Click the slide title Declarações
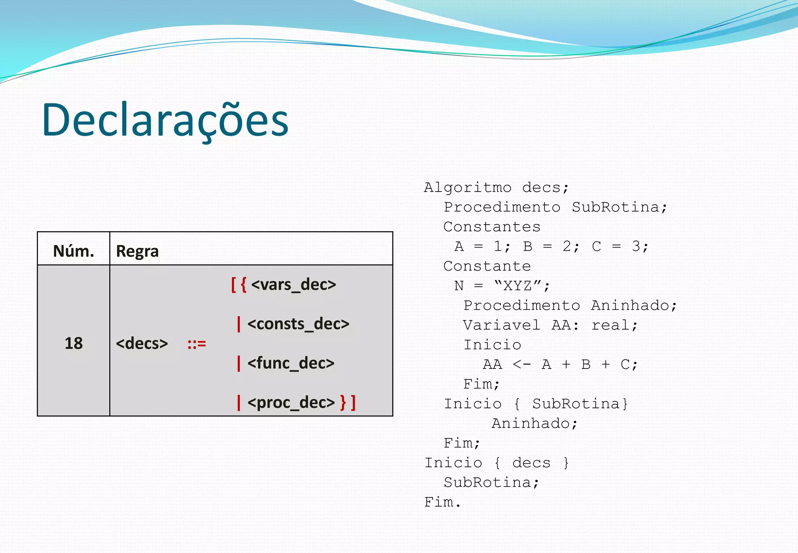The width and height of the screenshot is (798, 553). pyautogui.click(x=165, y=120)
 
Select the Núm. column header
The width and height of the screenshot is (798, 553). pyautogui.click(x=74, y=251)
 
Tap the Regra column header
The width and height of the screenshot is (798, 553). pyautogui.click(x=137, y=251)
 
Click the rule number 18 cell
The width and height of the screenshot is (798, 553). pyautogui.click(x=74, y=343)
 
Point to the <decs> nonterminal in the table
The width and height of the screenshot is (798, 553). pyautogui.click(x=142, y=344)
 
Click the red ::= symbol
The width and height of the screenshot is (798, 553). pyautogui.click(x=196, y=344)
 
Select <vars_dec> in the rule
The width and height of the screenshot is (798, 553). pyautogui.click(x=293, y=285)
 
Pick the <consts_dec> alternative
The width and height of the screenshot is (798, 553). pyautogui.click(x=298, y=324)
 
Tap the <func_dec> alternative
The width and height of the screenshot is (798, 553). pyautogui.click(x=291, y=363)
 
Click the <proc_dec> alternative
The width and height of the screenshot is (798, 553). pyautogui.click(x=291, y=402)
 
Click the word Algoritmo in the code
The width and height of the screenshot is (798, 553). pyautogui.click(x=468, y=188)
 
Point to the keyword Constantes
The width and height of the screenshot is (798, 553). pyautogui.click(x=492, y=227)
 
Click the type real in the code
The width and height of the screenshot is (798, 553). pyautogui.click(x=614, y=325)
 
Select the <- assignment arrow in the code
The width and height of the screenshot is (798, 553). pyautogui.click(x=521, y=365)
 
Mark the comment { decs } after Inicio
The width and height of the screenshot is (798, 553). pyautogui.click(x=531, y=463)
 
